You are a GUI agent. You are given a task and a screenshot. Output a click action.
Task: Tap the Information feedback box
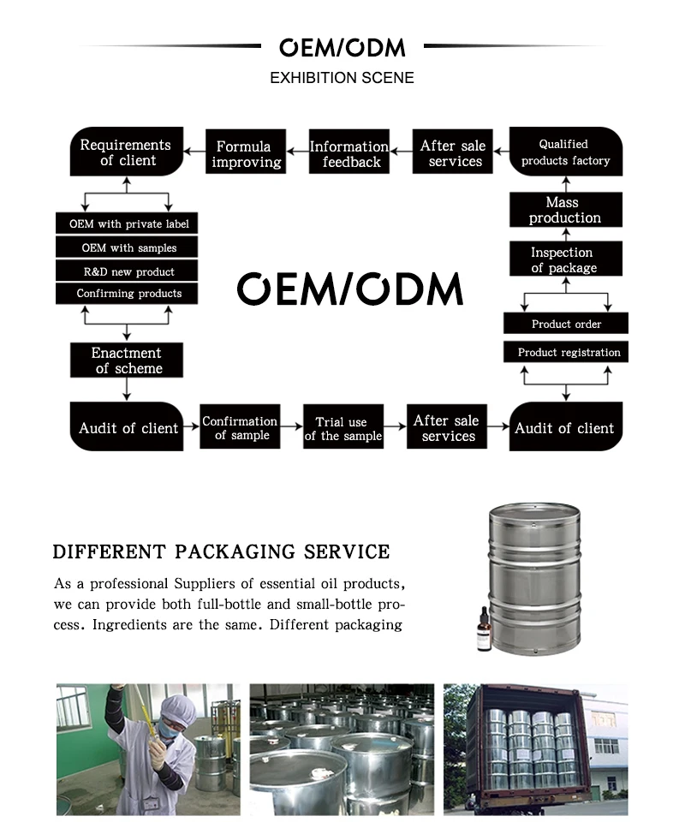click(349, 153)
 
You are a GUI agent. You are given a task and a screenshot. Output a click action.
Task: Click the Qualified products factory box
click(565, 152)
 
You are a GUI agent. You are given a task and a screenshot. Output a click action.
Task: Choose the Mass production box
click(565, 210)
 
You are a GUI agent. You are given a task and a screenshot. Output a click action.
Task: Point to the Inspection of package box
click(565, 259)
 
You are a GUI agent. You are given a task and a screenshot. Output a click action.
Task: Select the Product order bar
click(565, 324)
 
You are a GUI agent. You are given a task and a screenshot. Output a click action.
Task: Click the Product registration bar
click(565, 352)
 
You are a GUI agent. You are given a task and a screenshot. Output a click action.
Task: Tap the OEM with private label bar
click(128, 224)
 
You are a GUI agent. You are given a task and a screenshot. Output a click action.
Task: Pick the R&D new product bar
click(128, 271)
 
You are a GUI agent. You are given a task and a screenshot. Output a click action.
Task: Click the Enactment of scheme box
click(128, 360)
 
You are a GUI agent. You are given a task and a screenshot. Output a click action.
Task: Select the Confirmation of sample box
click(241, 427)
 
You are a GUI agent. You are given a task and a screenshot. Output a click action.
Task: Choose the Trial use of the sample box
click(342, 428)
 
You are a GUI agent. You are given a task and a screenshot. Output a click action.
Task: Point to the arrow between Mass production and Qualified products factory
click(565, 182)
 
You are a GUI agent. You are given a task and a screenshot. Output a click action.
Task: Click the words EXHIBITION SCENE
click(342, 78)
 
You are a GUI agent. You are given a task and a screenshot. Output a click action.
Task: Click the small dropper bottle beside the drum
click(485, 631)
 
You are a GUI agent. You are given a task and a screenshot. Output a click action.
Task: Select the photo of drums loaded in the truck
click(535, 748)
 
